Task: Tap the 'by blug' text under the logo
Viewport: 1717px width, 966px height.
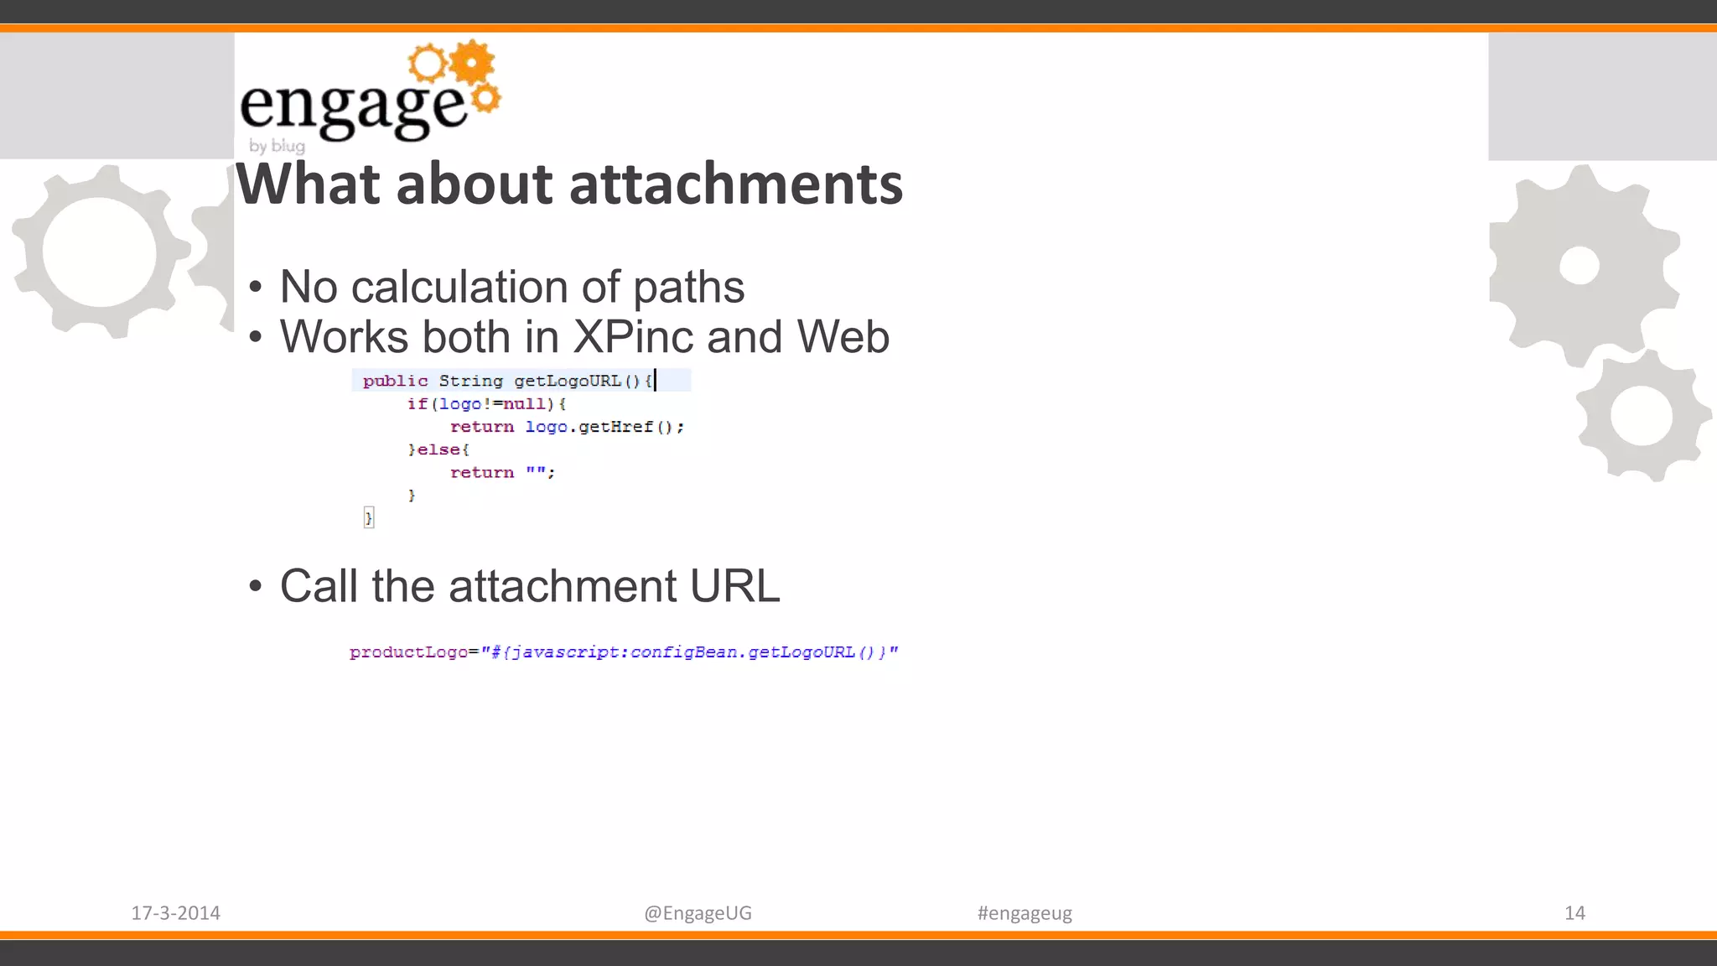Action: click(x=277, y=146)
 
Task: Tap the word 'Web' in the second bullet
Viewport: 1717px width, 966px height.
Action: click(x=843, y=337)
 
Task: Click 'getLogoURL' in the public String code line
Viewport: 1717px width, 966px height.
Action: click(x=568, y=382)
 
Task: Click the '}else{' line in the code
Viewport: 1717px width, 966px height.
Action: click(x=438, y=450)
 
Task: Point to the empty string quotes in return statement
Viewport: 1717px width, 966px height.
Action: click(x=536, y=472)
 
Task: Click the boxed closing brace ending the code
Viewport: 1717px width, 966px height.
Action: click(x=368, y=517)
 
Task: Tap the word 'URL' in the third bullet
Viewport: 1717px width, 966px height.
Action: click(x=734, y=586)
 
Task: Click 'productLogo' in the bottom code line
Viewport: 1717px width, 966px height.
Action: click(x=407, y=652)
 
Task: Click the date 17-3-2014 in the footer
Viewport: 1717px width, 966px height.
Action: click(x=175, y=913)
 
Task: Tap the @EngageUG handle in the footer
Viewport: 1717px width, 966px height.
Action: click(x=698, y=913)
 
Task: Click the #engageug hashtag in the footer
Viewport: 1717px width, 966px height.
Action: click(x=1024, y=913)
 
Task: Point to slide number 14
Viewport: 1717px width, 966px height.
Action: click(x=1574, y=913)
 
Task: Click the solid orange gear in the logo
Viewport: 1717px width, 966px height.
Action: click(x=472, y=62)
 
